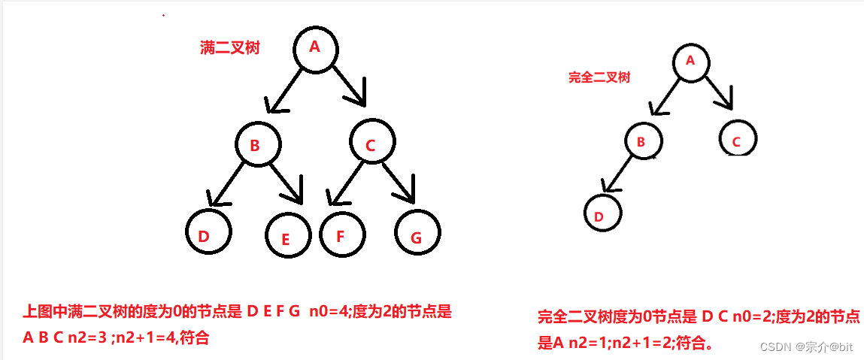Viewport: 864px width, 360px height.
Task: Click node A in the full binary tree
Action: point(316,49)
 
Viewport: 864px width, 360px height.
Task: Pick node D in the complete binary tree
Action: point(603,213)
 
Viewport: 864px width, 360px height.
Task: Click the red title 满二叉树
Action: point(230,48)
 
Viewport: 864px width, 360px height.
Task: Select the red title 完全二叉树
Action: point(599,77)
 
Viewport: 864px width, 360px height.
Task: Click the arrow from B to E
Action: point(285,180)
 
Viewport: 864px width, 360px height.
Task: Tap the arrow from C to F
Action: point(342,184)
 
